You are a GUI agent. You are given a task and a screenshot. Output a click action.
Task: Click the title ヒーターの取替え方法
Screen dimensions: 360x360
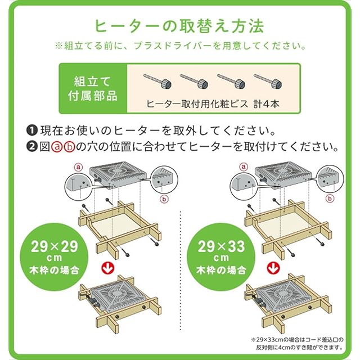(179, 26)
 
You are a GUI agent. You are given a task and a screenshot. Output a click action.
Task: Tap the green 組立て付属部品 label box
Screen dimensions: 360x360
(93, 88)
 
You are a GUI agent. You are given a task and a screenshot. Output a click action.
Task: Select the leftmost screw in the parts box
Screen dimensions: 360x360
(157, 81)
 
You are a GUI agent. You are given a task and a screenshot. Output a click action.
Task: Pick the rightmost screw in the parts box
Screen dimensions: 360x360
(268, 81)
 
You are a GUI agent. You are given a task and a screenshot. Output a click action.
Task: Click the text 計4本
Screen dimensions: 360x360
(266, 104)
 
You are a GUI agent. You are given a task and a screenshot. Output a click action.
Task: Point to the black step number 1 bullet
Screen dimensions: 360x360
(32, 130)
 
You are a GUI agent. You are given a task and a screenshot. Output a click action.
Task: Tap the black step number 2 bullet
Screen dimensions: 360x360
(32, 146)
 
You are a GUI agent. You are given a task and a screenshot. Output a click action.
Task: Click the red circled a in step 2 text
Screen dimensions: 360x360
(57, 147)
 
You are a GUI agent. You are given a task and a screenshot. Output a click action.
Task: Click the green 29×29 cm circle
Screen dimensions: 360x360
(54, 257)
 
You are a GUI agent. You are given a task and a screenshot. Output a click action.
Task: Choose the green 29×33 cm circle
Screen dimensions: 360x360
(221, 257)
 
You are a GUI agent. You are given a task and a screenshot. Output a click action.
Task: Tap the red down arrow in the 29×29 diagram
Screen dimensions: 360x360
(108, 268)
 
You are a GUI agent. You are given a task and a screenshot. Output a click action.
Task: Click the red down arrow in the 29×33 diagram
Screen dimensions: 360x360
(273, 268)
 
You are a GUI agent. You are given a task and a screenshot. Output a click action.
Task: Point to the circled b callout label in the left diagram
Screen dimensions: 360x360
(164, 199)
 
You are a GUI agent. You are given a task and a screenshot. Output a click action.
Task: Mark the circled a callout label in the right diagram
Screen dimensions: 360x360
(244, 167)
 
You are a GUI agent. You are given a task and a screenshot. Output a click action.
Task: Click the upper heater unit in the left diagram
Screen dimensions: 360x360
(118, 175)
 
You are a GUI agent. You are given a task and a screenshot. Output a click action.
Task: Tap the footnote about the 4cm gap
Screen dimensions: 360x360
(298, 344)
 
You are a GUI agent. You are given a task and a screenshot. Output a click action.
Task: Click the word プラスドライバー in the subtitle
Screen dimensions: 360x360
(173, 46)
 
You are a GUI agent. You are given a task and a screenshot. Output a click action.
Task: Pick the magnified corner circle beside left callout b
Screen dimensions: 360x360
(165, 179)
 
